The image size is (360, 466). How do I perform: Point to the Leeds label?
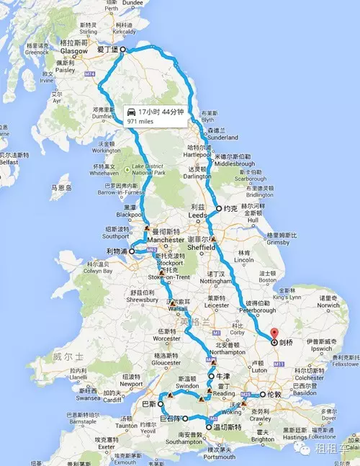coord(195,215)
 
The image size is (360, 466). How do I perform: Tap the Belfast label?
coord(9,163)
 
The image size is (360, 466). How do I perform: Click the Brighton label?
coord(262,439)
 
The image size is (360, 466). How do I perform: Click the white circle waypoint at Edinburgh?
coord(122,50)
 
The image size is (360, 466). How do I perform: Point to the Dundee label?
coord(134,3)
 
